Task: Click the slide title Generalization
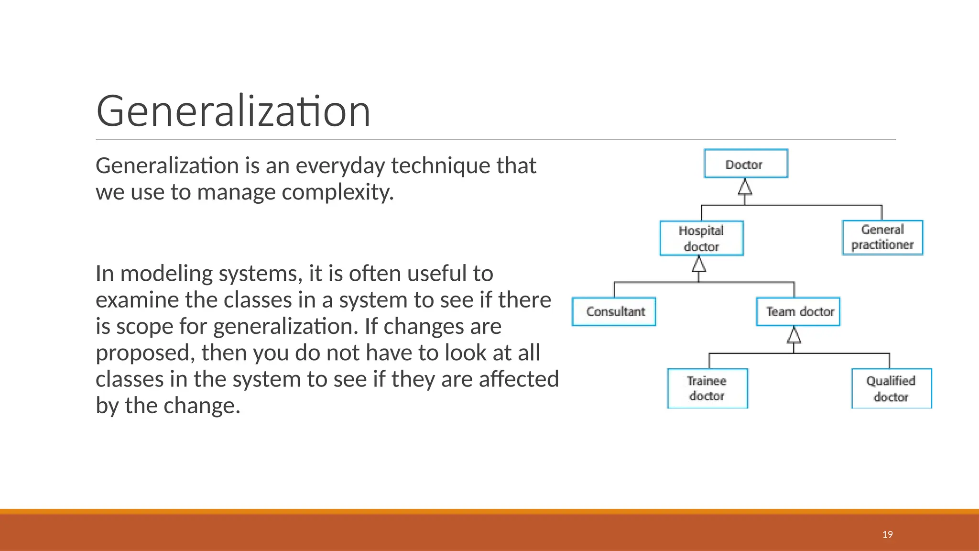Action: point(233,111)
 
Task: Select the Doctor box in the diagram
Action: point(746,164)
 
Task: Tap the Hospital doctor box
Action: point(701,238)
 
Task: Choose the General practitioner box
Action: point(882,237)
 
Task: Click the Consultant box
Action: point(614,312)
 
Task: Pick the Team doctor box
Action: point(798,312)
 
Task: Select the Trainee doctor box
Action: point(707,388)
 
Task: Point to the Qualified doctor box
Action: point(892,388)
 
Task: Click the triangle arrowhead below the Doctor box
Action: point(745,187)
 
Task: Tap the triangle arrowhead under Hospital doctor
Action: point(699,264)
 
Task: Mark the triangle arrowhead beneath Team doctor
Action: point(794,335)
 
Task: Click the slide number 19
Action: point(888,535)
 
